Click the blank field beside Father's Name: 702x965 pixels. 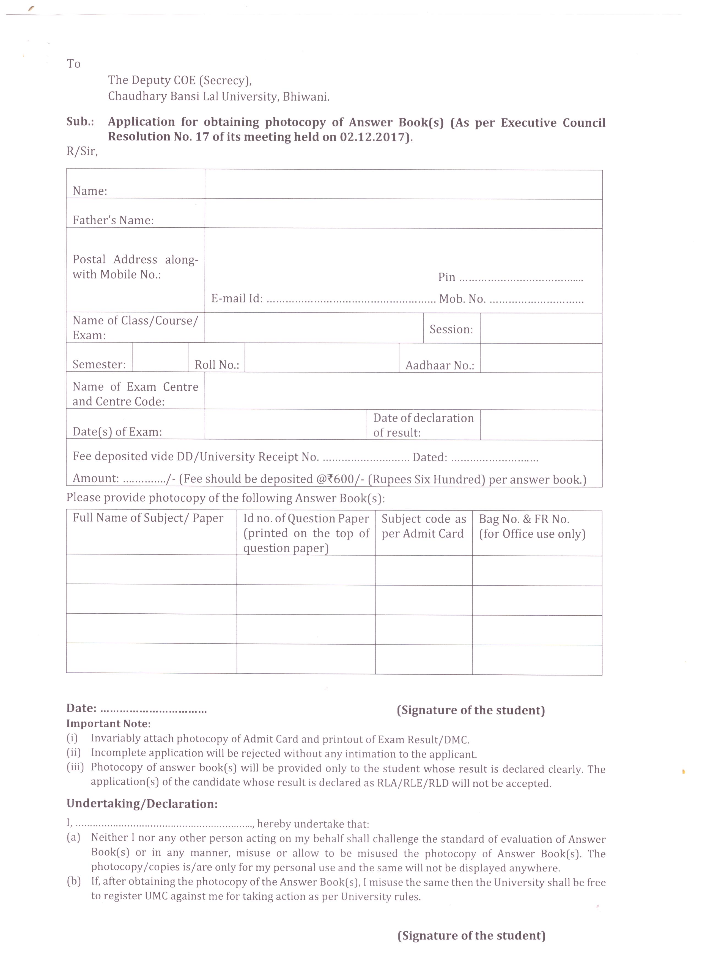click(403, 214)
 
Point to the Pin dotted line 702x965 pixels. click(521, 280)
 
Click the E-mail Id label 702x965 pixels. click(237, 299)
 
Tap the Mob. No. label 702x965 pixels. click(462, 299)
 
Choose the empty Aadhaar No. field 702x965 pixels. click(541, 358)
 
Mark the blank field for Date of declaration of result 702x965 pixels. click(541, 425)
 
